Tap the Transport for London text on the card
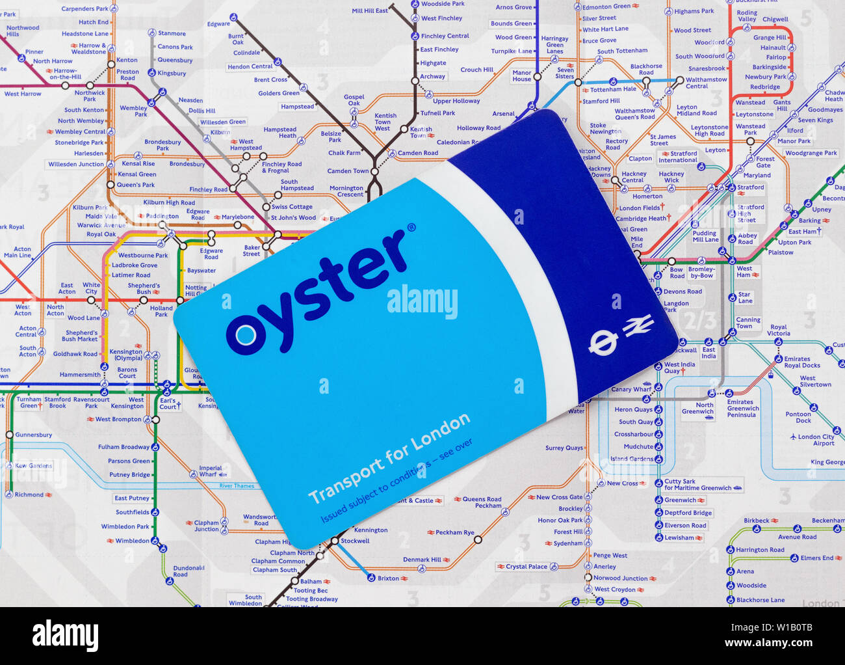(x=389, y=458)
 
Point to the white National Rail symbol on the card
(x=638, y=325)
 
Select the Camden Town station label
(x=348, y=171)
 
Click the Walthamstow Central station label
(x=706, y=83)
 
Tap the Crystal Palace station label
(x=526, y=566)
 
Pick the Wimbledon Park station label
(x=125, y=526)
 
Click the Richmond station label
(x=29, y=495)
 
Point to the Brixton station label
(x=388, y=578)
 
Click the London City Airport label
(x=816, y=440)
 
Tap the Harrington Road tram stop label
(x=760, y=550)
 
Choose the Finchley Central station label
(x=445, y=36)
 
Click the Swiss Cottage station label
(x=292, y=206)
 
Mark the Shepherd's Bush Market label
(x=80, y=336)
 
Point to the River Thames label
(x=237, y=486)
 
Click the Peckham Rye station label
(x=454, y=532)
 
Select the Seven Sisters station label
(x=565, y=73)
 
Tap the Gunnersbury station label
(x=34, y=435)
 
